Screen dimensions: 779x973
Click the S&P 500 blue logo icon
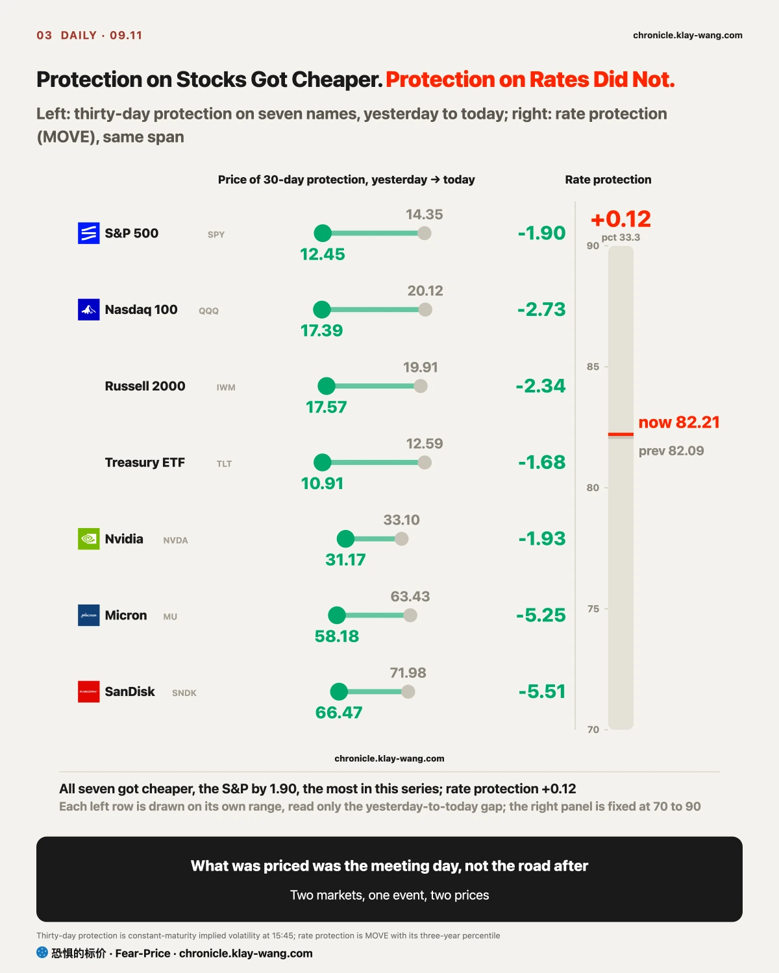click(89, 234)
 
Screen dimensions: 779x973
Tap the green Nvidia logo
click(89, 539)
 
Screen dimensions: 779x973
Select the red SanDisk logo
click(89, 691)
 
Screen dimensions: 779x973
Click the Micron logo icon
click(89, 616)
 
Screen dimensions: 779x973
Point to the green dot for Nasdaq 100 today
click(322, 309)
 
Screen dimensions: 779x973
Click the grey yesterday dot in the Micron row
click(410, 616)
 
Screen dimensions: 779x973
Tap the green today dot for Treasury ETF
click(322, 462)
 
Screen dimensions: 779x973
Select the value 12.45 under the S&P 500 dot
click(322, 254)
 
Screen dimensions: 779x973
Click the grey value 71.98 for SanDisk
click(408, 673)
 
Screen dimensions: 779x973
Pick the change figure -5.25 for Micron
click(541, 616)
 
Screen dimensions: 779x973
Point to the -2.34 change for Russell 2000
click(541, 386)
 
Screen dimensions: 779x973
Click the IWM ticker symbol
click(226, 387)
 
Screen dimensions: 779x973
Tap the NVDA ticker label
click(175, 540)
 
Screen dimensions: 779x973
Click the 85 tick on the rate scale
click(593, 366)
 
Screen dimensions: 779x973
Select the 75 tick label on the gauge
click(593, 608)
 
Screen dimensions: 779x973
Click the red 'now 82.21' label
click(679, 422)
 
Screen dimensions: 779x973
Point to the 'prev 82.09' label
click(671, 451)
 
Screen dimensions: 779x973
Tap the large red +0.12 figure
click(621, 219)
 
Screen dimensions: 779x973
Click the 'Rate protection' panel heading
click(608, 180)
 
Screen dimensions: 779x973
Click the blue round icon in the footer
click(42, 953)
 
